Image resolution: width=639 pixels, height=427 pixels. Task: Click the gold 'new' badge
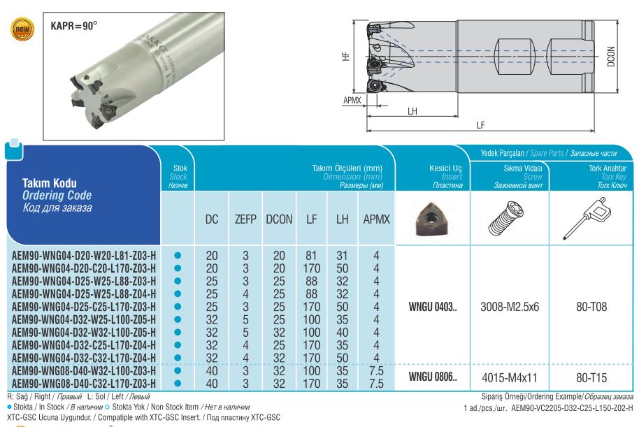pos(22,29)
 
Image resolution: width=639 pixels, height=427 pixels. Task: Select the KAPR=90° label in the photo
pos(74,26)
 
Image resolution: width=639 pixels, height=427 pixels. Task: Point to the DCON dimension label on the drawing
pos(610,56)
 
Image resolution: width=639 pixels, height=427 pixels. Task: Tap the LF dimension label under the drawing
pos(480,124)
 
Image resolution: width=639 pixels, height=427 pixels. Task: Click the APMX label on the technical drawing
pos(352,100)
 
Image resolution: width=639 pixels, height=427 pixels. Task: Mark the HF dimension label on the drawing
pos(346,56)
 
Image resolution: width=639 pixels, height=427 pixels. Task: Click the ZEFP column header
pos(245,219)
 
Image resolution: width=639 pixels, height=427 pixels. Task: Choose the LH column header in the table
pos(342,219)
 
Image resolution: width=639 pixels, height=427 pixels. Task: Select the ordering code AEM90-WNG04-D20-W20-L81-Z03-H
pos(83,256)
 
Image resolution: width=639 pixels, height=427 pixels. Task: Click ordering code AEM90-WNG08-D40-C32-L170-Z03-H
pos(83,384)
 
